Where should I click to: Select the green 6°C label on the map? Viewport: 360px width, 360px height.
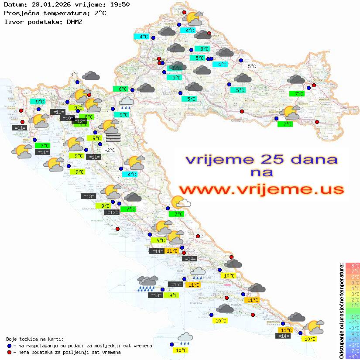[123, 89]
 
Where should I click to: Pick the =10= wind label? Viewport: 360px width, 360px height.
[67, 118]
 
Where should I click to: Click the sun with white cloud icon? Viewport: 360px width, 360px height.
[180, 202]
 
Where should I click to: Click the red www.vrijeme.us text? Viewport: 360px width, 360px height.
[261, 189]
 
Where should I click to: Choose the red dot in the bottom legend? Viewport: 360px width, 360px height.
[10, 352]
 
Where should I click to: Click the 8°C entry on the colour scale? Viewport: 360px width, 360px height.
[352, 266]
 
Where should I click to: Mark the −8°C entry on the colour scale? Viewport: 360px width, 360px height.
[352, 356]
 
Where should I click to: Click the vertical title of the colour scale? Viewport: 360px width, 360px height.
[341, 310]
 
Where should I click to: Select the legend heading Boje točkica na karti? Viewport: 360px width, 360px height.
[35, 339]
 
